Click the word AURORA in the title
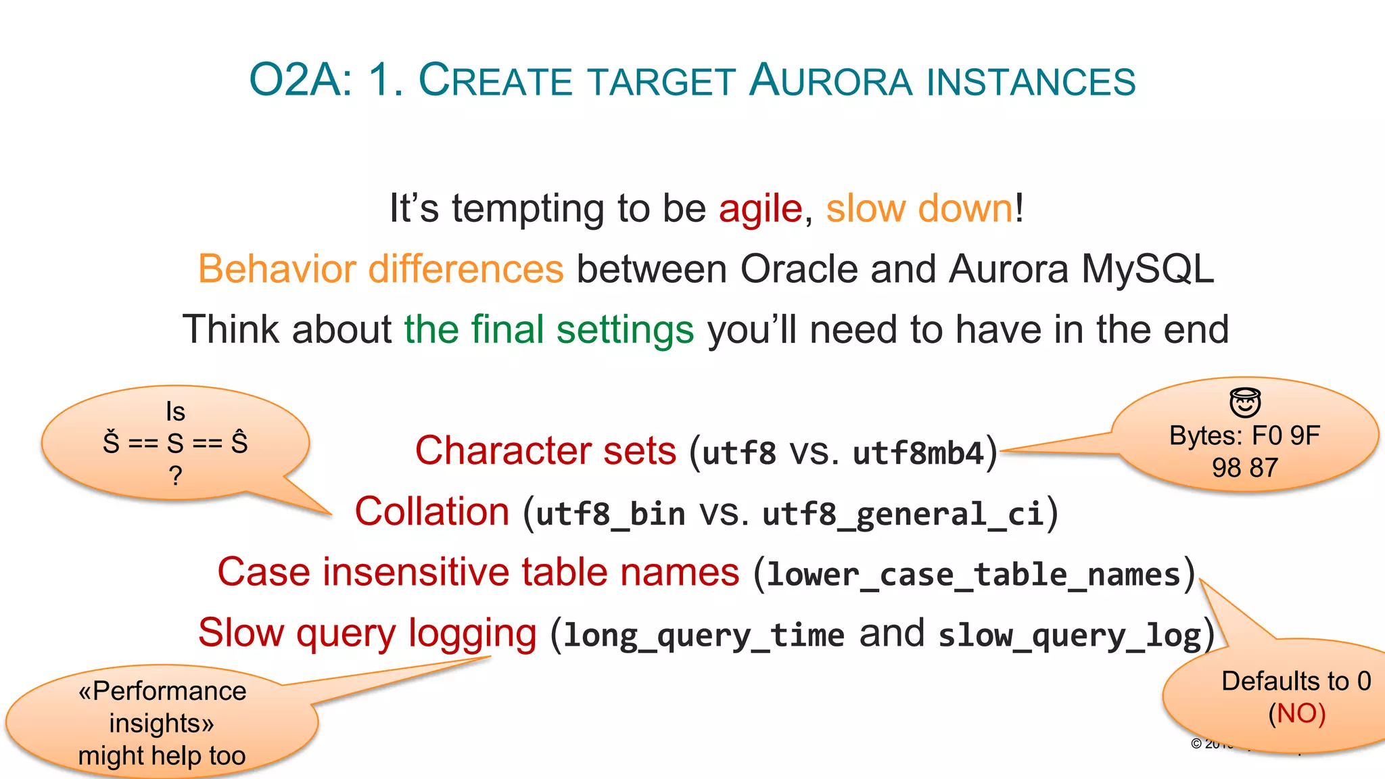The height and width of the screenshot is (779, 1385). pyautogui.click(x=831, y=80)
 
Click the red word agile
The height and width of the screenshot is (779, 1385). pyautogui.click(x=760, y=208)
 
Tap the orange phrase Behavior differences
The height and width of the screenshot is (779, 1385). pyautogui.click(x=381, y=269)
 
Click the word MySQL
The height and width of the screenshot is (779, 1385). pyautogui.click(x=1148, y=269)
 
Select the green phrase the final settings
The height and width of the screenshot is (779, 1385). pyautogui.click(x=549, y=330)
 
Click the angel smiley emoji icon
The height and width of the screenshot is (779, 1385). pyautogui.click(x=1245, y=403)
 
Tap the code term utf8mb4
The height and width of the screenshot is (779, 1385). pyautogui.click(x=918, y=453)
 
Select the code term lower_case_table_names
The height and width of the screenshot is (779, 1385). pyautogui.click(x=974, y=575)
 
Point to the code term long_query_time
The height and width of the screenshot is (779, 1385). pyautogui.click(x=704, y=636)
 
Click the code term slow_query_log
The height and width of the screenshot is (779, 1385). pyautogui.click(x=1069, y=636)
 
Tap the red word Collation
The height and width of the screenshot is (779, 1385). pyautogui.click(x=432, y=512)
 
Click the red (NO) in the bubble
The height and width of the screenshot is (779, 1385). pyautogui.click(x=1296, y=714)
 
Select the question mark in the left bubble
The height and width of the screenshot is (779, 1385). pyautogui.click(x=176, y=475)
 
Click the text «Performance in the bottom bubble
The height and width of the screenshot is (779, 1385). pyautogui.click(x=162, y=691)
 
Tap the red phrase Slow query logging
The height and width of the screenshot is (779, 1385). pyautogui.click(x=367, y=634)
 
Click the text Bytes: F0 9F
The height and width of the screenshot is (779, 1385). pyautogui.click(x=1244, y=436)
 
